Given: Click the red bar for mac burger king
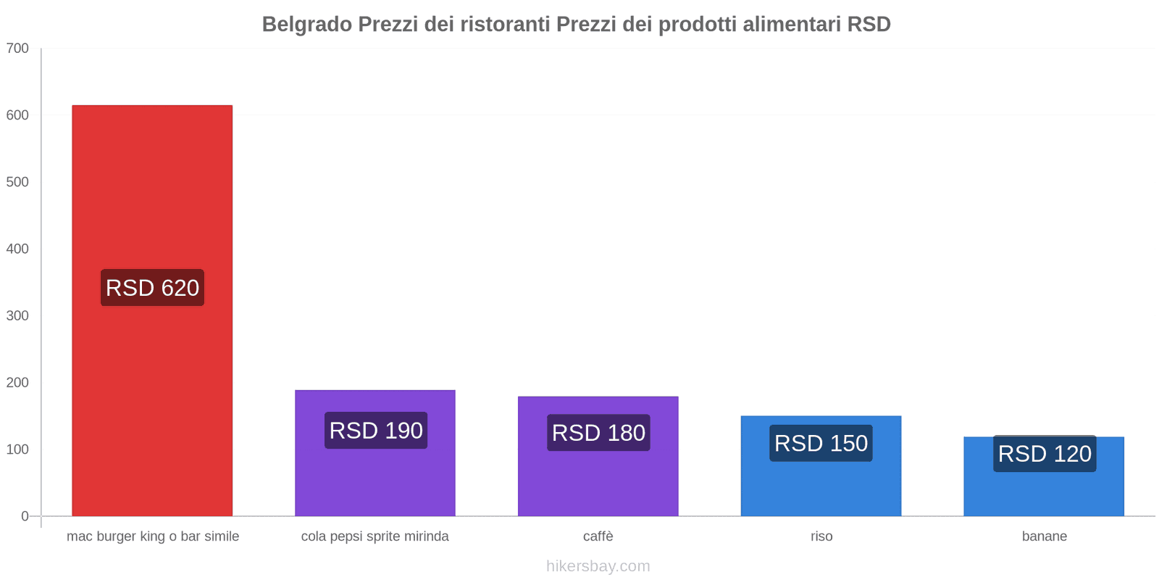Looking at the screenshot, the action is click(x=152, y=311).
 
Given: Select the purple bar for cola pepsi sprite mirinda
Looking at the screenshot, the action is click(x=375, y=453).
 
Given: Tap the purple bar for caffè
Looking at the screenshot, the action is click(x=598, y=456).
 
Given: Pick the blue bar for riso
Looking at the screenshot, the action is click(x=821, y=466).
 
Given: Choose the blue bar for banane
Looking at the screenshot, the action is click(x=1044, y=476).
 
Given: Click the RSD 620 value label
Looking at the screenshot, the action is click(x=152, y=287).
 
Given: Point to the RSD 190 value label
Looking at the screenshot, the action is click(x=376, y=431).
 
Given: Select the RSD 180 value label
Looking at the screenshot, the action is click(x=598, y=432).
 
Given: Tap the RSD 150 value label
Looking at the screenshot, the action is click(x=821, y=443).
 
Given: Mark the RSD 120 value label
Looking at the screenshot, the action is click(x=1045, y=454).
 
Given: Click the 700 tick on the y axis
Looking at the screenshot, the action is click(x=17, y=48).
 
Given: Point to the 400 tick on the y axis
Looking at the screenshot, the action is click(x=17, y=249).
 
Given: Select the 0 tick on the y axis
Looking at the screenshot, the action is click(x=25, y=516).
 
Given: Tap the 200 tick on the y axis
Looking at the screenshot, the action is click(x=17, y=383).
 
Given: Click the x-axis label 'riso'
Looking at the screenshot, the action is click(x=821, y=536).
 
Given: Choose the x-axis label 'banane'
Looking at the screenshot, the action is click(x=1044, y=536).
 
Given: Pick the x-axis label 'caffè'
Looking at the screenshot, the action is click(x=598, y=536).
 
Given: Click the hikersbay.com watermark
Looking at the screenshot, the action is click(x=598, y=566).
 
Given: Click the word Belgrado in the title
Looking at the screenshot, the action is click(x=307, y=25).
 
